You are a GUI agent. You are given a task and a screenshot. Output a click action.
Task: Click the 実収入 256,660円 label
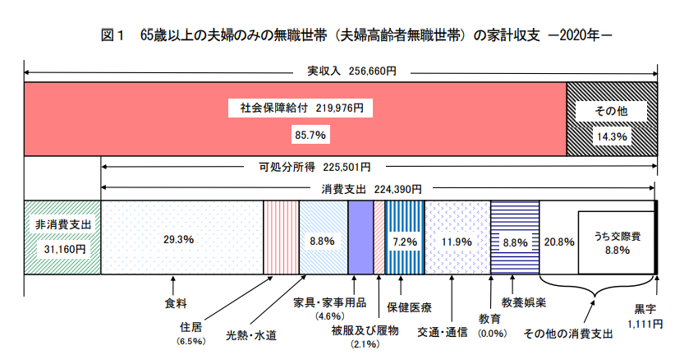coord(341,71)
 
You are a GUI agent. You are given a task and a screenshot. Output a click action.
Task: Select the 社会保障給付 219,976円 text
coord(295,108)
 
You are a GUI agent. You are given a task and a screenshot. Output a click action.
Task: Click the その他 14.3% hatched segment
coord(612,118)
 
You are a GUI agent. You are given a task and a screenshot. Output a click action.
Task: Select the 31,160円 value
coord(62,248)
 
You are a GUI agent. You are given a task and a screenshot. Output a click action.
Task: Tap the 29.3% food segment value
coord(177,240)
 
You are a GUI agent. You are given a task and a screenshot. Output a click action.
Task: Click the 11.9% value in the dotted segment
coord(457,242)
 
